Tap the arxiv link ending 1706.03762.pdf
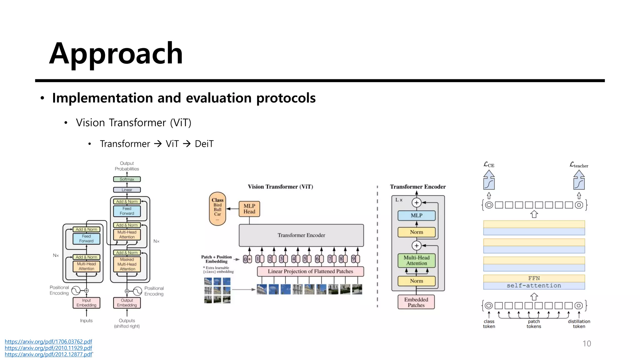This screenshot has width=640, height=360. (x=48, y=342)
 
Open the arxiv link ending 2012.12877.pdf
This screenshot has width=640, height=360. (x=48, y=354)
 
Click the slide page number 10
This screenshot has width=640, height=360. (x=587, y=343)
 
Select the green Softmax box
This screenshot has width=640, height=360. (x=127, y=179)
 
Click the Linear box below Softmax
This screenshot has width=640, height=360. (x=127, y=190)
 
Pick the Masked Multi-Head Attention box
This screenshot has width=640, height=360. (x=127, y=264)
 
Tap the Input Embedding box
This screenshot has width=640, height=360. (x=86, y=302)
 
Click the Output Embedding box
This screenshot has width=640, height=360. (x=127, y=302)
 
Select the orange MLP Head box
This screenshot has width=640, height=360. (x=249, y=209)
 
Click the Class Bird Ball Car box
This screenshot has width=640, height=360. (x=217, y=208)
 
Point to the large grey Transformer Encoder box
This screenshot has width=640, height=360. (x=301, y=235)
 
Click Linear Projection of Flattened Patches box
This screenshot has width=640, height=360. (x=310, y=271)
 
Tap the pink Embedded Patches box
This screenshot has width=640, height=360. (x=416, y=302)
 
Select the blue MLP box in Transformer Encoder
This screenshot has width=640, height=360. (x=416, y=215)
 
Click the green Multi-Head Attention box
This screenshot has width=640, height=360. (x=416, y=260)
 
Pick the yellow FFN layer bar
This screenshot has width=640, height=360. (x=534, y=278)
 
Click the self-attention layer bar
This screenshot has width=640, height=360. (x=534, y=286)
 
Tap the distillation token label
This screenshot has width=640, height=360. (x=579, y=324)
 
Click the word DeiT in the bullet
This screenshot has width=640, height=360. (x=204, y=144)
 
